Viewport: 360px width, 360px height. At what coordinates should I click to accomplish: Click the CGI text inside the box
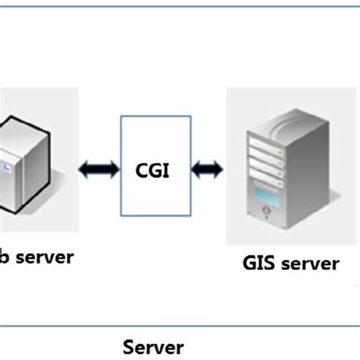(152, 169)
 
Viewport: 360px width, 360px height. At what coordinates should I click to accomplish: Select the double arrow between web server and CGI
(99, 168)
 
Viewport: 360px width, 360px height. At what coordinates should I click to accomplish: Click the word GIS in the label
(259, 263)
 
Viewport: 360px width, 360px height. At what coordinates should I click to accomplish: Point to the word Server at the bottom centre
(153, 346)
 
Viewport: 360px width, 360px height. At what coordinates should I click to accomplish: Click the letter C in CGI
(141, 169)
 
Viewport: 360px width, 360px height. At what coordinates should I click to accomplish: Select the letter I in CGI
(166, 169)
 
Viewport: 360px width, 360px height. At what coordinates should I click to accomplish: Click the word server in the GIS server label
(308, 263)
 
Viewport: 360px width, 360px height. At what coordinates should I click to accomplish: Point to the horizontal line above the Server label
(180, 326)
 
